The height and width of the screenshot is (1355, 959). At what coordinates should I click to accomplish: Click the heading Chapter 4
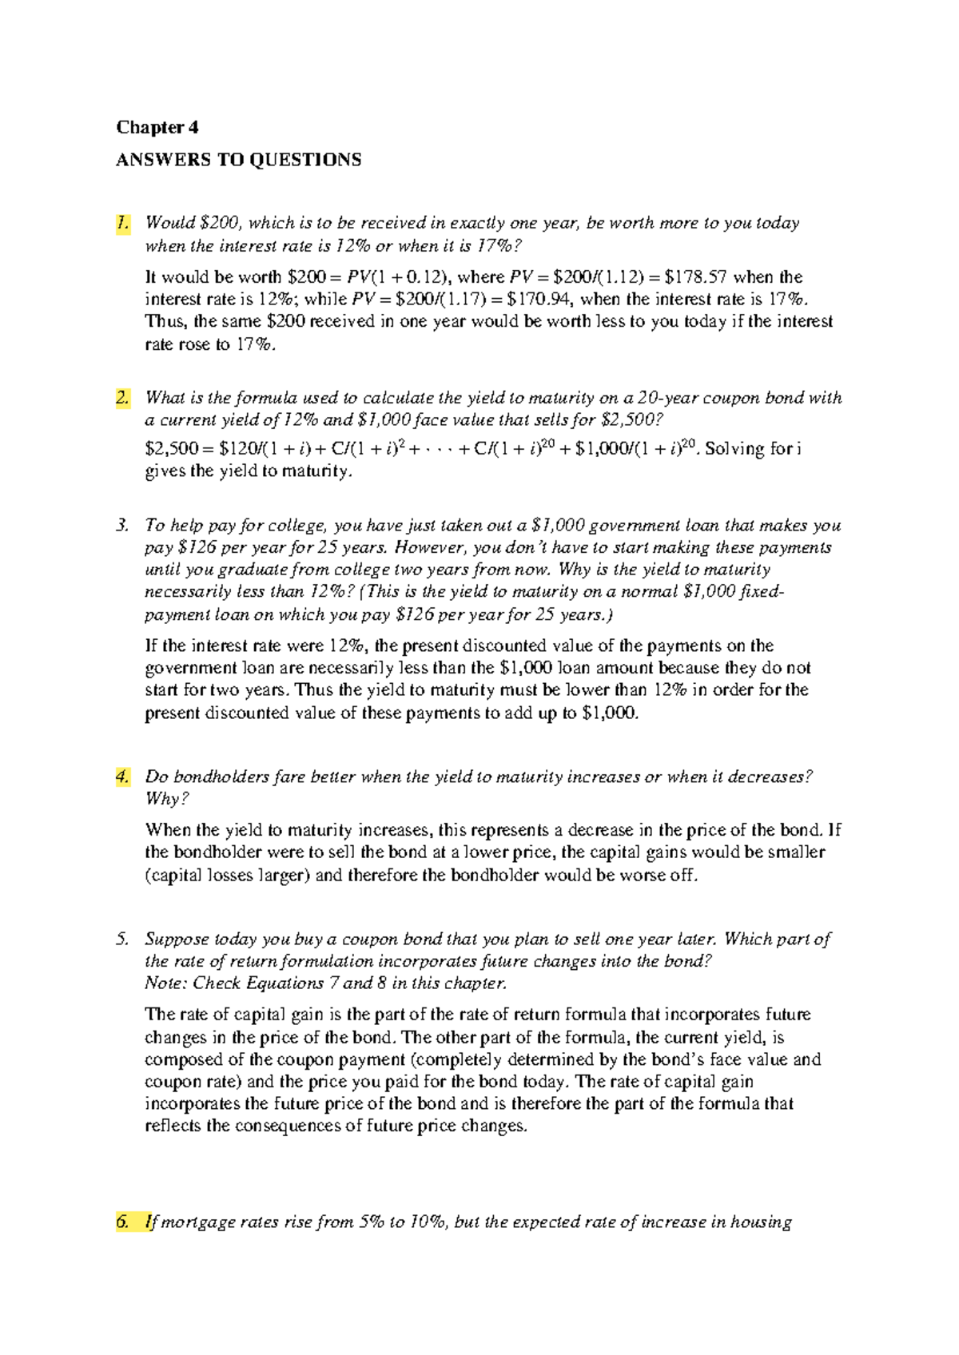point(157,128)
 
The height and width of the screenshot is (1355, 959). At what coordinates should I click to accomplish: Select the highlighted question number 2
point(122,398)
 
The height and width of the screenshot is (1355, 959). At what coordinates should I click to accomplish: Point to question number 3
point(121,526)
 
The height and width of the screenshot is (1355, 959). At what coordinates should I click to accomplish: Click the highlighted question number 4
point(122,777)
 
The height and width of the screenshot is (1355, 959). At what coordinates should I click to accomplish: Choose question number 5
point(121,940)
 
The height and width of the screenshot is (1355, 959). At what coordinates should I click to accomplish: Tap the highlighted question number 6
point(122,1222)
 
